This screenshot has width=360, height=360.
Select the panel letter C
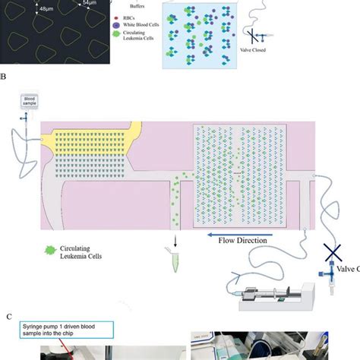click(x=8, y=316)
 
